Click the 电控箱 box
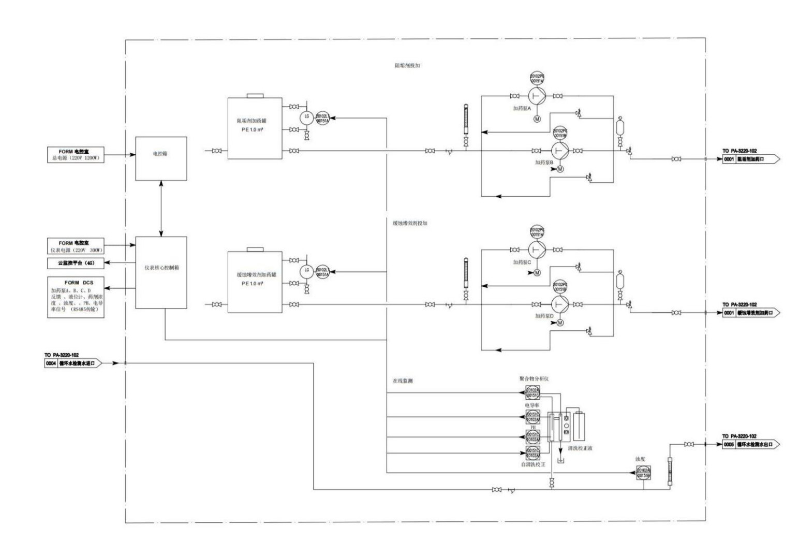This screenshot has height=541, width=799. click(x=161, y=158)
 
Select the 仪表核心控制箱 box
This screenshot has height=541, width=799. click(x=161, y=272)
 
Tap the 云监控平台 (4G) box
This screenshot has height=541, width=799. click(x=76, y=263)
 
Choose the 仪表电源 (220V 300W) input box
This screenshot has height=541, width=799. click(x=76, y=246)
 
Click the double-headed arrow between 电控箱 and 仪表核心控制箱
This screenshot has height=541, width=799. click(x=161, y=209)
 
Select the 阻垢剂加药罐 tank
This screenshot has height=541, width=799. click(x=255, y=128)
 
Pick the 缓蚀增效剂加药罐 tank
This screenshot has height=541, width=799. click(x=255, y=282)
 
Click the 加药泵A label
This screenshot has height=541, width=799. click(x=522, y=109)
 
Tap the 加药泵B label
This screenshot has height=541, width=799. click(x=544, y=162)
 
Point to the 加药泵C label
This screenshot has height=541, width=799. click(x=522, y=262)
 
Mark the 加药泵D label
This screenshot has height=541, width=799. click(x=544, y=315)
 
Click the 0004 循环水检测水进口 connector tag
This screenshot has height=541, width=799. click(x=73, y=363)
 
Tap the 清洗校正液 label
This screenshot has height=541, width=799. click(x=580, y=448)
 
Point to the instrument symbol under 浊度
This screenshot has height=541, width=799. click(x=643, y=473)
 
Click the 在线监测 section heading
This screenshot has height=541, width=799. click(x=403, y=381)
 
